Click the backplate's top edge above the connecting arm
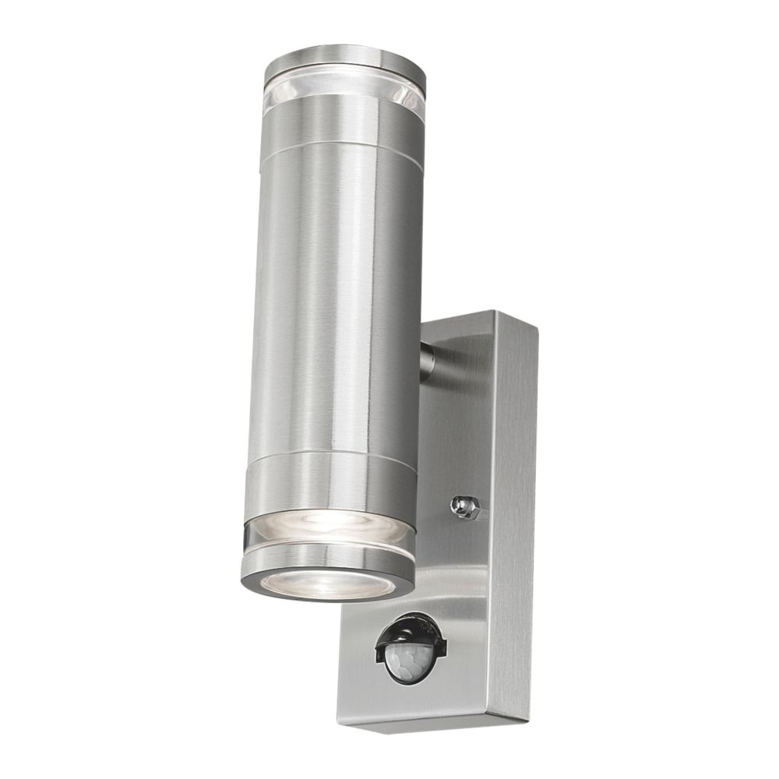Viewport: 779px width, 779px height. pyautogui.click(x=467, y=321)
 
